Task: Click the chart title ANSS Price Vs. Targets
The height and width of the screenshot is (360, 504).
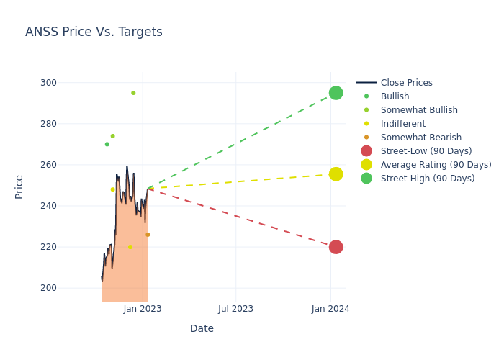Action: pos(94,32)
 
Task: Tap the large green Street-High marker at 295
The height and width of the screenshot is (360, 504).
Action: pos(336,93)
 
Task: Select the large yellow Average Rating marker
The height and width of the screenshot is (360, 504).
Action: pos(336,174)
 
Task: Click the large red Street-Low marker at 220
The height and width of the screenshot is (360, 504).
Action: pos(336,247)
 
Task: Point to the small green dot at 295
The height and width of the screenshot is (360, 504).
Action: pos(133,93)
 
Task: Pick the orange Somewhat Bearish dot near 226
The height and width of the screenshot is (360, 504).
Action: pos(148,235)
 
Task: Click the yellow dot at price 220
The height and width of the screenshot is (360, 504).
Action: pos(130,247)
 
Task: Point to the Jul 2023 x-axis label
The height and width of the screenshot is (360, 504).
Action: pos(235,309)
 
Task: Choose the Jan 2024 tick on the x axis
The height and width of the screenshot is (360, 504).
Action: pos(330,309)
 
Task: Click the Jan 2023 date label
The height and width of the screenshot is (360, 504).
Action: pos(143,309)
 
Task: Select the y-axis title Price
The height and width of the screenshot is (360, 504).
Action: pos(19,186)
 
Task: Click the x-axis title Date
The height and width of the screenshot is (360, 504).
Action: pos(202,329)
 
